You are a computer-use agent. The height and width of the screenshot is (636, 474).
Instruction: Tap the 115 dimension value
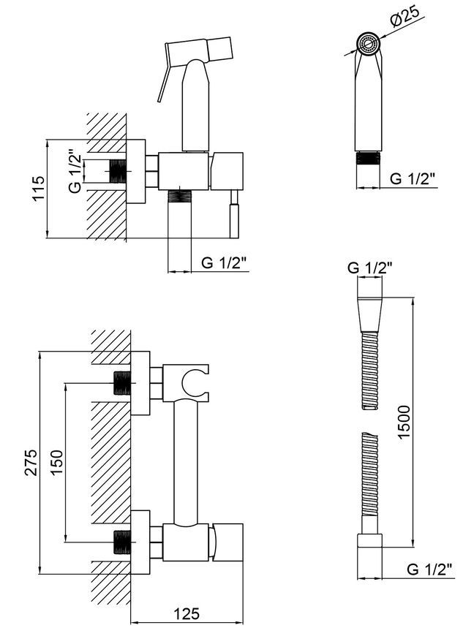[x=39, y=188]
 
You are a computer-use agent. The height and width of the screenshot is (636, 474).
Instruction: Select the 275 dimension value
[x=31, y=463]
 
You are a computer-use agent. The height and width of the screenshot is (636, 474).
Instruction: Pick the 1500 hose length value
[x=405, y=422]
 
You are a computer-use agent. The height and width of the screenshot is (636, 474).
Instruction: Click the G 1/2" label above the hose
[x=369, y=268]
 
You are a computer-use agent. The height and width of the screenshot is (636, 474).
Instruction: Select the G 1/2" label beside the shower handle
[x=413, y=178]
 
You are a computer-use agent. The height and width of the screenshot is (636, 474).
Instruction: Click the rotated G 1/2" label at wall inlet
[x=75, y=173]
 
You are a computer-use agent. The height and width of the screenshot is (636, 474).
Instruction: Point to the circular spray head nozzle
[x=369, y=44]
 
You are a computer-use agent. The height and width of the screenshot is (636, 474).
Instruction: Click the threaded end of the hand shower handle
[x=369, y=158]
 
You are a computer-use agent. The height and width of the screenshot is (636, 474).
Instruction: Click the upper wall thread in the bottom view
[x=123, y=382]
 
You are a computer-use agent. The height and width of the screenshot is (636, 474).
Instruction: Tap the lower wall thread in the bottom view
[x=123, y=542]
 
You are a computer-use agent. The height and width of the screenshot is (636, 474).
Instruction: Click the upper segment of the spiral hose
[x=369, y=371]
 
